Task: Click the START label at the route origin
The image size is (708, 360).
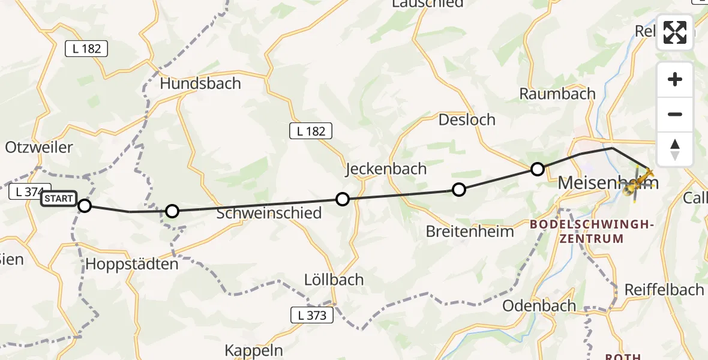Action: point(59,199)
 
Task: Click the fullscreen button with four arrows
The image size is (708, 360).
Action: point(675,32)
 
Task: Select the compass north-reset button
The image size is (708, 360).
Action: point(675,149)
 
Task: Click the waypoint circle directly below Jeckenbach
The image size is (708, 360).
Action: point(342,199)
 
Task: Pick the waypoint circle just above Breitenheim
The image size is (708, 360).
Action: point(458,190)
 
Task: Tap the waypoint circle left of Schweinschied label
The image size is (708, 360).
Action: point(172,211)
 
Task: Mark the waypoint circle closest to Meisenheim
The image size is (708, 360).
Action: point(538,169)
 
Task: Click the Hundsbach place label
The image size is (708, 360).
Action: point(200,83)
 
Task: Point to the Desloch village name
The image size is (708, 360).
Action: point(467,119)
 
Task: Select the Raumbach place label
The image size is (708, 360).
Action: point(557,94)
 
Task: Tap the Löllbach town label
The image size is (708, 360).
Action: point(334,279)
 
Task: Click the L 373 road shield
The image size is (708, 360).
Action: point(311,315)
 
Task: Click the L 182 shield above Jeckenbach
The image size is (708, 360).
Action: point(311,131)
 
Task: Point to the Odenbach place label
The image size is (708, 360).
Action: point(539,305)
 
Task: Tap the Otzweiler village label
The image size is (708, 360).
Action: point(39,147)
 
